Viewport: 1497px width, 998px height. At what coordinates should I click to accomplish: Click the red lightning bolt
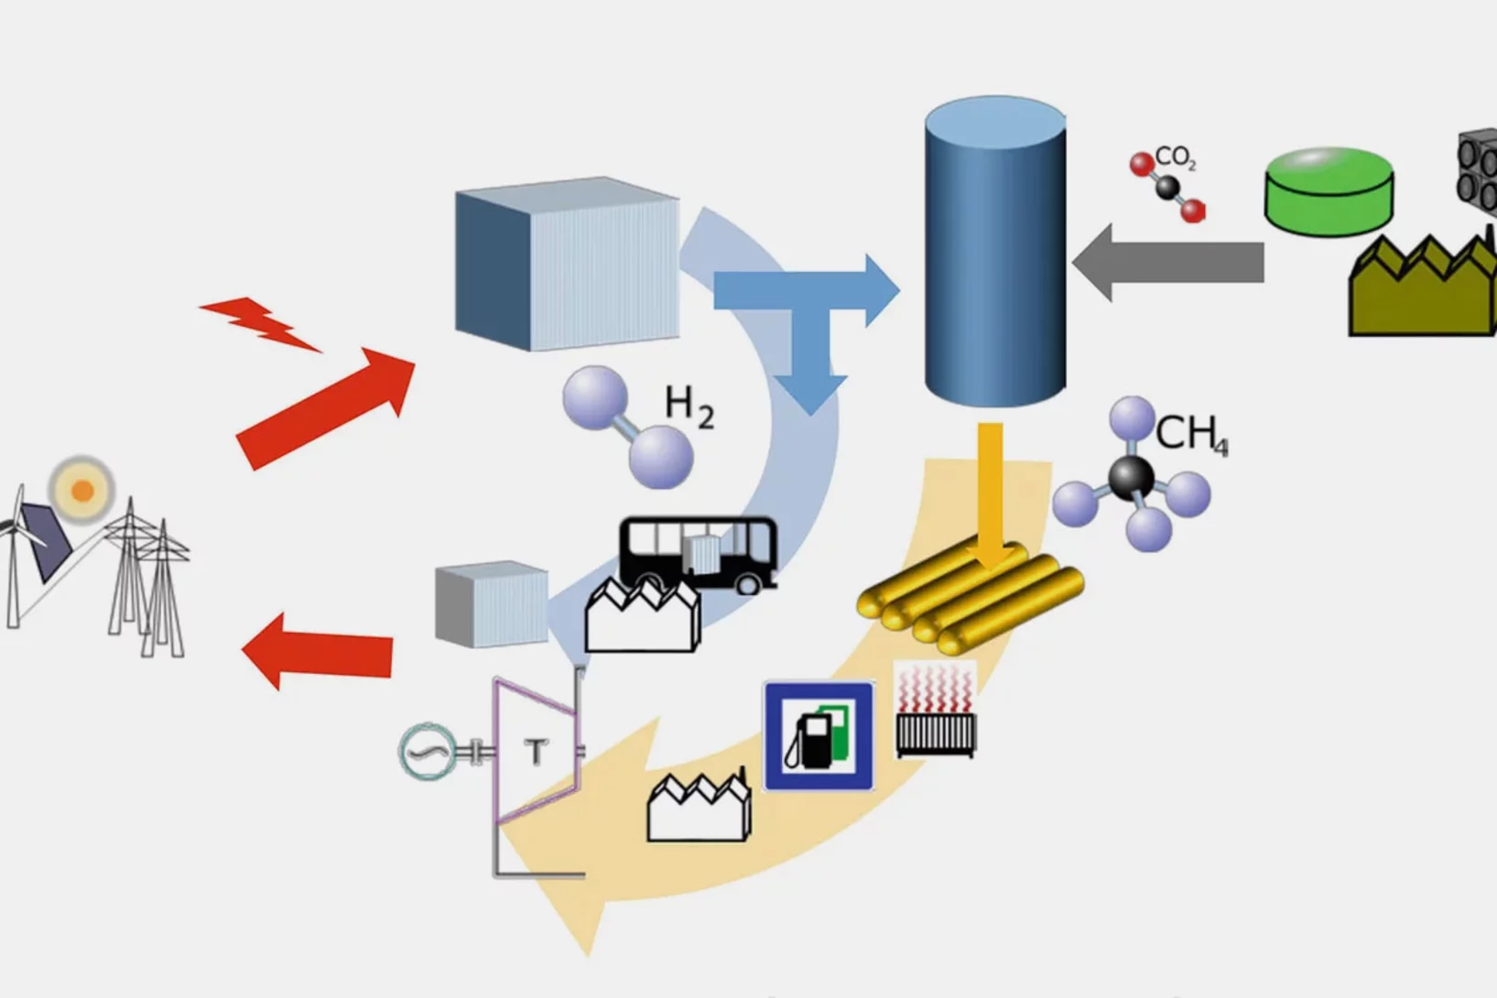(260, 323)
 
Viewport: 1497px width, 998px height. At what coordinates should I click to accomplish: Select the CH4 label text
(1190, 433)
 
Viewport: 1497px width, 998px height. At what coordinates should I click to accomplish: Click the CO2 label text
(1175, 157)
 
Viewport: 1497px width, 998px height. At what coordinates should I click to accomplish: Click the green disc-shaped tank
(1329, 191)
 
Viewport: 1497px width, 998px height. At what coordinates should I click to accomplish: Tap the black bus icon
(699, 552)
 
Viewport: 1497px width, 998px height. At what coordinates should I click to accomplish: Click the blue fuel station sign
(819, 735)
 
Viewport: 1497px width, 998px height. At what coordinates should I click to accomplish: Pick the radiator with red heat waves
(935, 712)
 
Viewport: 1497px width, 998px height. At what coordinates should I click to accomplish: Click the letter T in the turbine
(536, 752)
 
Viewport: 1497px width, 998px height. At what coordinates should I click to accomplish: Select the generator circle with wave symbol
(428, 752)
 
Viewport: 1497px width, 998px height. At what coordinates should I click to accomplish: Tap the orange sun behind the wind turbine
(82, 490)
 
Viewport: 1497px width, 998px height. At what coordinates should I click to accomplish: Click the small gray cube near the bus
(492, 604)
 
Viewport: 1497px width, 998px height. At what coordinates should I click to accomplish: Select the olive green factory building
(1420, 289)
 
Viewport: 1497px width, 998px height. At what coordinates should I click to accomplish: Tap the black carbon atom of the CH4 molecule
(1131, 477)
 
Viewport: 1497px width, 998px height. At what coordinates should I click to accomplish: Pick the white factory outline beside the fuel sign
(699, 808)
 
